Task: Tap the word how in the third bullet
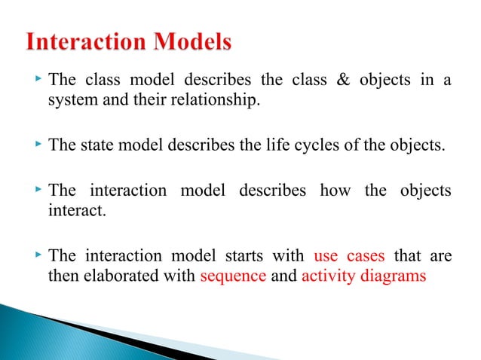tap(335, 191)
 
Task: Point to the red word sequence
tap(233, 276)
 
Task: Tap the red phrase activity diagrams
tap(363, 276)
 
